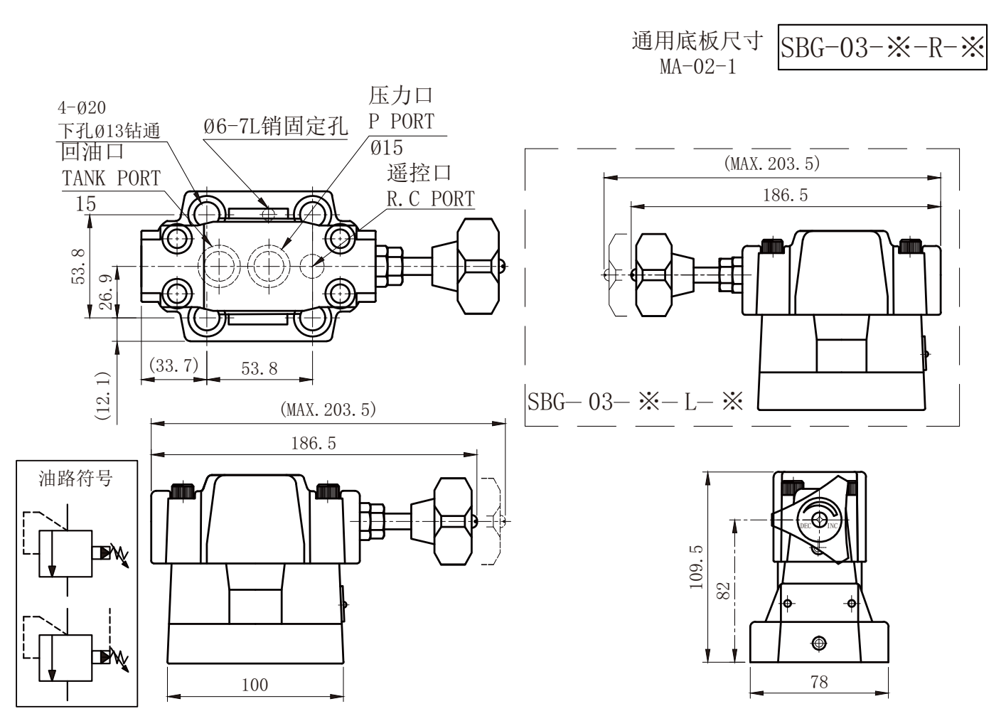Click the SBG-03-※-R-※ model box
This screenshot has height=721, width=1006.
pyautogui.click(x=882, y=47)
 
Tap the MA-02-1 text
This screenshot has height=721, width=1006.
pyautogui.click(x=698, y=67)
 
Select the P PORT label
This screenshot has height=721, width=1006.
pyautogui.click(x=402, y=122)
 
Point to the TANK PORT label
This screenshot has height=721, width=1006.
pyautogui.click(x=111, y=178)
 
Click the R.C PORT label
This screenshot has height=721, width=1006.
pyautogui.click(x=431, y=198)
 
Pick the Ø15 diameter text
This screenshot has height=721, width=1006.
pyautogui.click(x=386, y=147)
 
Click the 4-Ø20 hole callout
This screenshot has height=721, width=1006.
pyautogui.click(x=82, y=108)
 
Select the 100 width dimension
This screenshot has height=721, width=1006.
pyautogui.click(x=255, y=685)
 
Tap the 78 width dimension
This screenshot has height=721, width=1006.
pyautogui.click(x=819, y=682)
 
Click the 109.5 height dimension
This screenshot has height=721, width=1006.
pyautogui.click(x=695, y=567)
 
